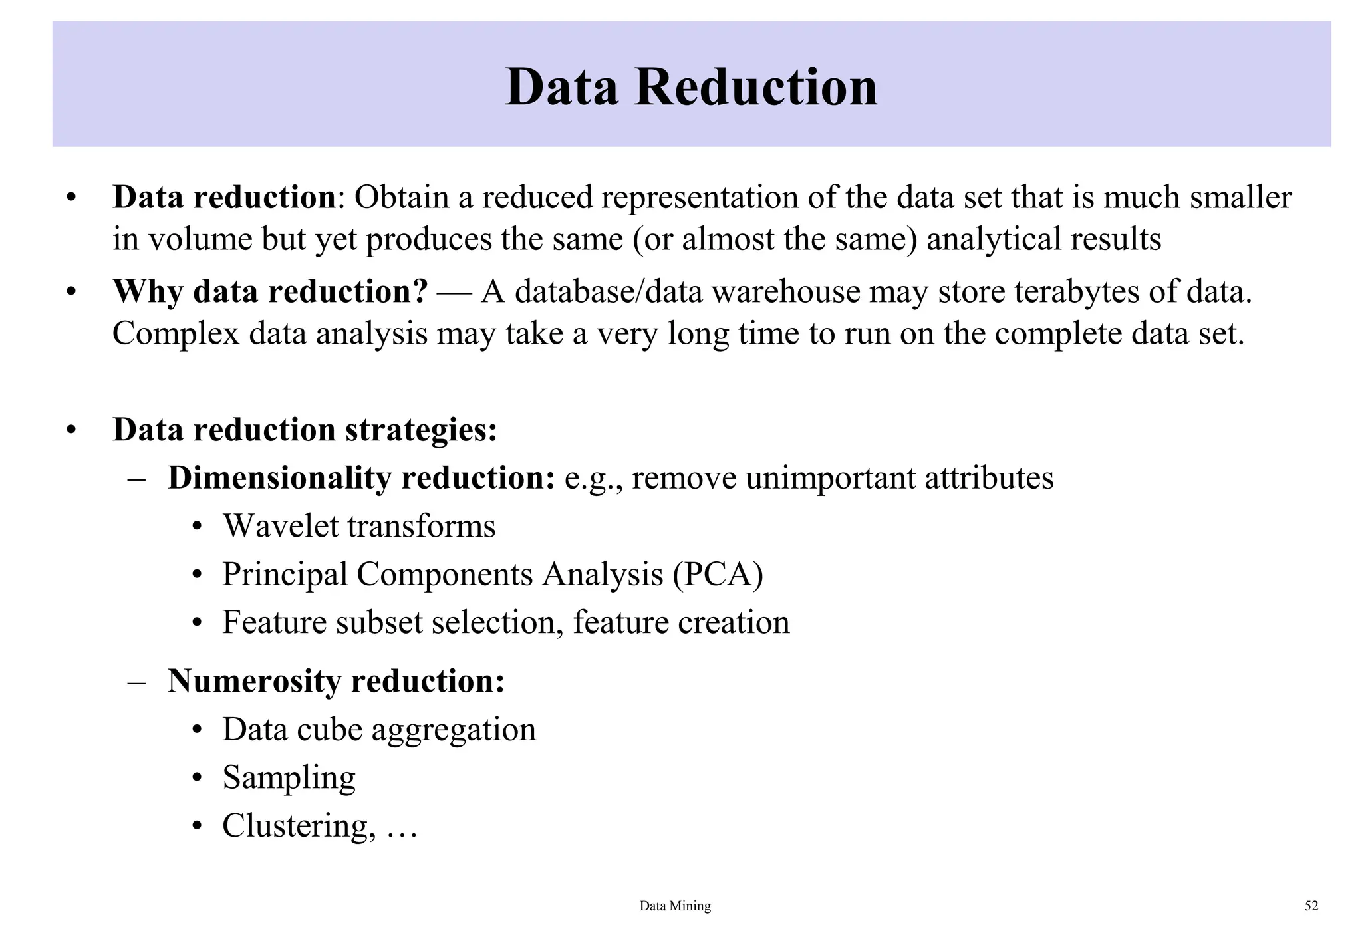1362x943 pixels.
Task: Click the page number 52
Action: (1311, 906)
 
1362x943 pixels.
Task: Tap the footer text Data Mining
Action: (675, 906)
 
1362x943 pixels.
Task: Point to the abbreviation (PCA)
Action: (718, 574)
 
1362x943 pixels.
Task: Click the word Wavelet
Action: (281, 526)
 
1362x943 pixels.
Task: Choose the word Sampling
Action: (289, 777)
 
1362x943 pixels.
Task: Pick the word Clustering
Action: (295, 825)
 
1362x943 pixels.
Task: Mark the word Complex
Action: (176, 334)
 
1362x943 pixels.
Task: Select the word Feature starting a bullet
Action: (275, 622)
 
